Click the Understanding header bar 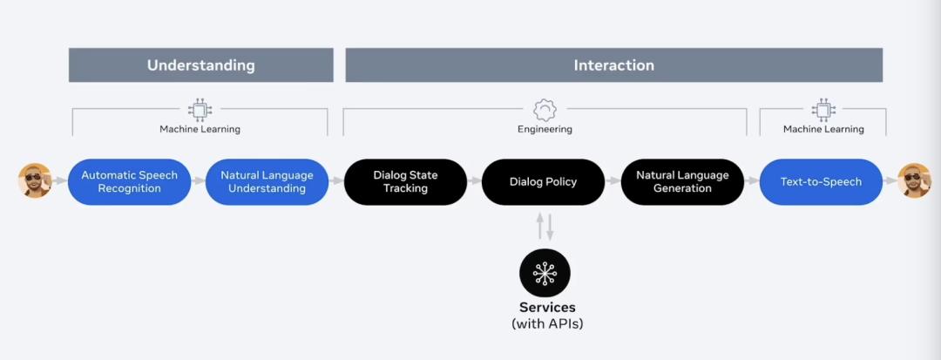[201, 65]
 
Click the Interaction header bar [614, 65]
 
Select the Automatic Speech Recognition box [130, 182]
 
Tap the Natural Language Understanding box [267, 182]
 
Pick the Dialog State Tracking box [406, 182]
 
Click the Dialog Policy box [543, 182]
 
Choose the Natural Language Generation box [682, 182]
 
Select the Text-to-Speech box [821, 182]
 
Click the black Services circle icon [545, 274]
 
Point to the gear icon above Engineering [545, 110]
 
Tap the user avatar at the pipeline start [35, 180]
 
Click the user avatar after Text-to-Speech [915, 180]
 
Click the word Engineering [545, 129]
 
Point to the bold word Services [547, 307]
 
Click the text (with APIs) [547, 324]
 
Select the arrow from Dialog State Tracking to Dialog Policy [475, 180]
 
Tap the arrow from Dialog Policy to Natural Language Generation [613, 180]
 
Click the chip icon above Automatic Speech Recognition [200, 110]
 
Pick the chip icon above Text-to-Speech [823, 110]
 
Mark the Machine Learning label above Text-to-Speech [823, 129]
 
